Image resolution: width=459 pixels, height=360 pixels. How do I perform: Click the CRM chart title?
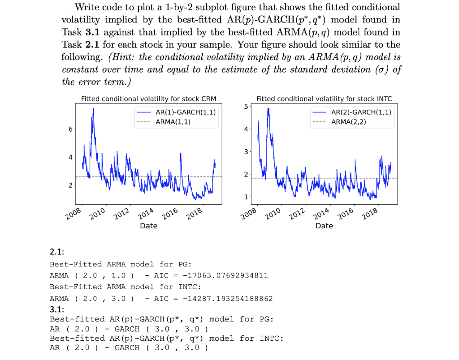148,99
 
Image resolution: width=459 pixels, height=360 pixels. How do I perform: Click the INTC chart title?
324,99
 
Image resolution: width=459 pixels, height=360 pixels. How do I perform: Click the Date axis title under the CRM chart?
148,226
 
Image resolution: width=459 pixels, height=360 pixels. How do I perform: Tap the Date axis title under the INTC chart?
324,226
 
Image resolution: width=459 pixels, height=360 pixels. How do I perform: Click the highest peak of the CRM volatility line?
93,108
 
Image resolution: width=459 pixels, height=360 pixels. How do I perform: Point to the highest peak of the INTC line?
268,108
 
